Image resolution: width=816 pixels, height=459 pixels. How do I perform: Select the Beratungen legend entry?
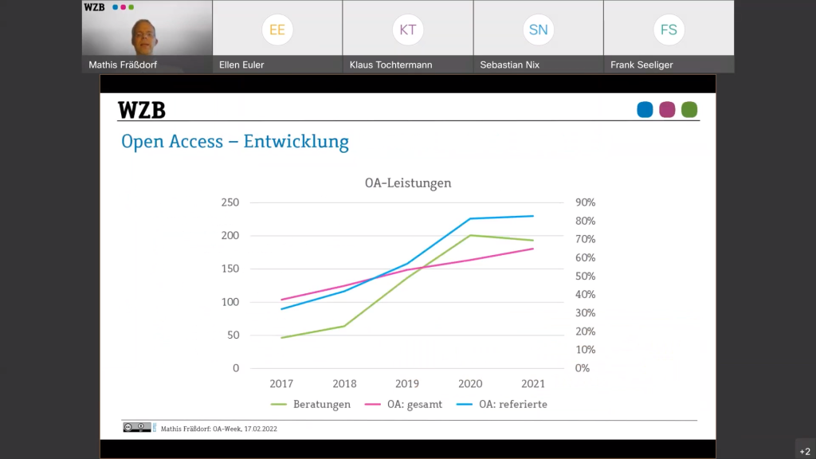(321, 404)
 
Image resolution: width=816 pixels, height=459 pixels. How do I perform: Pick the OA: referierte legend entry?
(512, 404)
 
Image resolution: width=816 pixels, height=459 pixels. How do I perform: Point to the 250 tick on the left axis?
(229, 202)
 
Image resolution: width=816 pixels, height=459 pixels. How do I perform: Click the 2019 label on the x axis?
(406, 383)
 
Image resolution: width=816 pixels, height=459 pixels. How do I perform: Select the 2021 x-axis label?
(532, 383)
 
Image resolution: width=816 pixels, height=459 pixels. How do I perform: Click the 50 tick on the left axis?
(232, 335)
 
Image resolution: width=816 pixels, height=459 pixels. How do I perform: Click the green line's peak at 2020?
(470, 235)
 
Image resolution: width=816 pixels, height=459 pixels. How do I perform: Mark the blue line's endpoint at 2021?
(533, 216)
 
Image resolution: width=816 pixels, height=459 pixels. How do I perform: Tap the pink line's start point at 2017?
(281, 300)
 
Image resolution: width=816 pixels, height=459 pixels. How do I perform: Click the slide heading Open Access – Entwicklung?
(235, 142)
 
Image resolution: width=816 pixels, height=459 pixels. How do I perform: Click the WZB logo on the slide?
(142, 110)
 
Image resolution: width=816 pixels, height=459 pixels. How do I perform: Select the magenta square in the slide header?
(667, 110)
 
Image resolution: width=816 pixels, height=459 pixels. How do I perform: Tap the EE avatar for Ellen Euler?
(277, 30)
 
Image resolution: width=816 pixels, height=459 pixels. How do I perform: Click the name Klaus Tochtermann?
(390, 65)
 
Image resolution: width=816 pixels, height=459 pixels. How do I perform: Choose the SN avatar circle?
(538, 30)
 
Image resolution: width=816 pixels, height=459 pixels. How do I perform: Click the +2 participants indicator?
(805, 451)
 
